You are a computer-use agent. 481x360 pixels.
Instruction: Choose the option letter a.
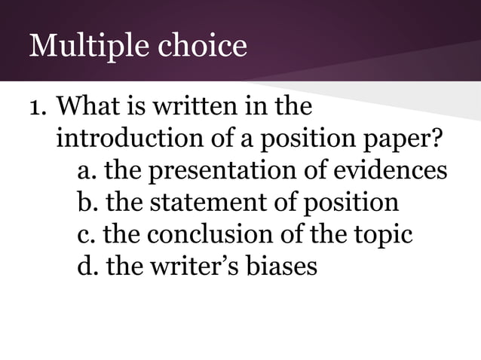coord(86,172)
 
